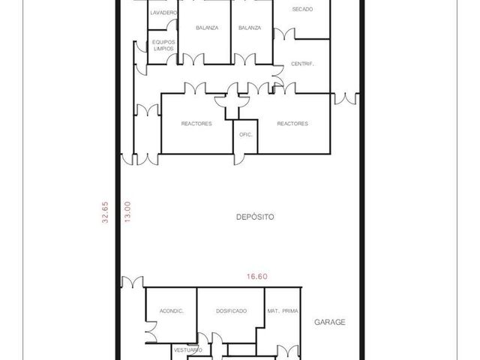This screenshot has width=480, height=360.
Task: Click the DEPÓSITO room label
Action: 255,217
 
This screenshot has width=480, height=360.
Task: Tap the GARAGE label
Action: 330,322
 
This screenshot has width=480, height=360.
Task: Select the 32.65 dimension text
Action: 105,212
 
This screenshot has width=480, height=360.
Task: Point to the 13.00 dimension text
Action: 127,211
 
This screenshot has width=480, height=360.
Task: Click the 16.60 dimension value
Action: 257,277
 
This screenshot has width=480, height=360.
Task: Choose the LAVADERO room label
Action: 163,13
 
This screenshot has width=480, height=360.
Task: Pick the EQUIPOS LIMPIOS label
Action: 163,45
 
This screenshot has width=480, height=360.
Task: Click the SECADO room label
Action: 302,10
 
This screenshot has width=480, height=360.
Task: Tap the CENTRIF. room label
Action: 302,64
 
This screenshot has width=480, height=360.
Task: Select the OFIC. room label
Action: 245,135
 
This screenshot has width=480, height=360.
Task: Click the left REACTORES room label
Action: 196,124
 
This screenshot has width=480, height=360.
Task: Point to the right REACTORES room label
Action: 292,124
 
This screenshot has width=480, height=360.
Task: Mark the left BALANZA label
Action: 207,28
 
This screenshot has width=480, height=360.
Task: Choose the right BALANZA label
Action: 250,28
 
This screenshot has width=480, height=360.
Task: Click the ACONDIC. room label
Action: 172,311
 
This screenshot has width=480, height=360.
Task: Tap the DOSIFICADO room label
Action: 231,311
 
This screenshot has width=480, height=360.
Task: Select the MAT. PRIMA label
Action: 283,311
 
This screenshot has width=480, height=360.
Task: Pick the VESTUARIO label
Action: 188,350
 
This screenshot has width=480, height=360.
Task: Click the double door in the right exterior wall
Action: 346,98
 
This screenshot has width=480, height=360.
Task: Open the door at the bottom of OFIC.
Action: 239,159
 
